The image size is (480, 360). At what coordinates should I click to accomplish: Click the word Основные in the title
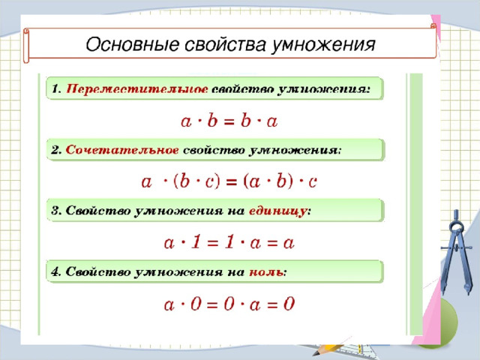click(132, 44)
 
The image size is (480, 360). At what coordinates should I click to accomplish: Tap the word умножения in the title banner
click(323, 45)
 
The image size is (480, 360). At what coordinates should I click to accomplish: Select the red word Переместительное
click(136, 89)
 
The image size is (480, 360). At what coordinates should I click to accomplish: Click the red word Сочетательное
click(122, 150)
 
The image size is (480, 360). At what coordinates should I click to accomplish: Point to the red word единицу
click(277, 211)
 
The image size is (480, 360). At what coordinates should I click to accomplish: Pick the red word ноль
click(265, 272)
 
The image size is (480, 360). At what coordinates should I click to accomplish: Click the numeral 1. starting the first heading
click(57, 89)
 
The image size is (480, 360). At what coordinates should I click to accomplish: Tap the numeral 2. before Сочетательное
click(57, 150)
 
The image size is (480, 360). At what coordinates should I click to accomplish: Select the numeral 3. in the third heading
click(57, 211)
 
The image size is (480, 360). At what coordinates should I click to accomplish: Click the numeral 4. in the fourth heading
click(57, 271)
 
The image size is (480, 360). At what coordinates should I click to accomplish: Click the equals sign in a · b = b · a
click(229, 122)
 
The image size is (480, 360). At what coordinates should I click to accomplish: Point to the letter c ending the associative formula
click(312, 182)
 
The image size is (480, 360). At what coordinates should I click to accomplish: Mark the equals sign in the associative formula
click(232, 183)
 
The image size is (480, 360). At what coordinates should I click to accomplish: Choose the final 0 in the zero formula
click(289, 304)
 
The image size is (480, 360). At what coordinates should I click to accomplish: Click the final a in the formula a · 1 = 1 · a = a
click(289, 243)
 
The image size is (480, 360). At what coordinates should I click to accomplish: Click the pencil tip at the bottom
click(314, 352)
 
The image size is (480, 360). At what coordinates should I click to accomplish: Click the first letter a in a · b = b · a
click(186, 121)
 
